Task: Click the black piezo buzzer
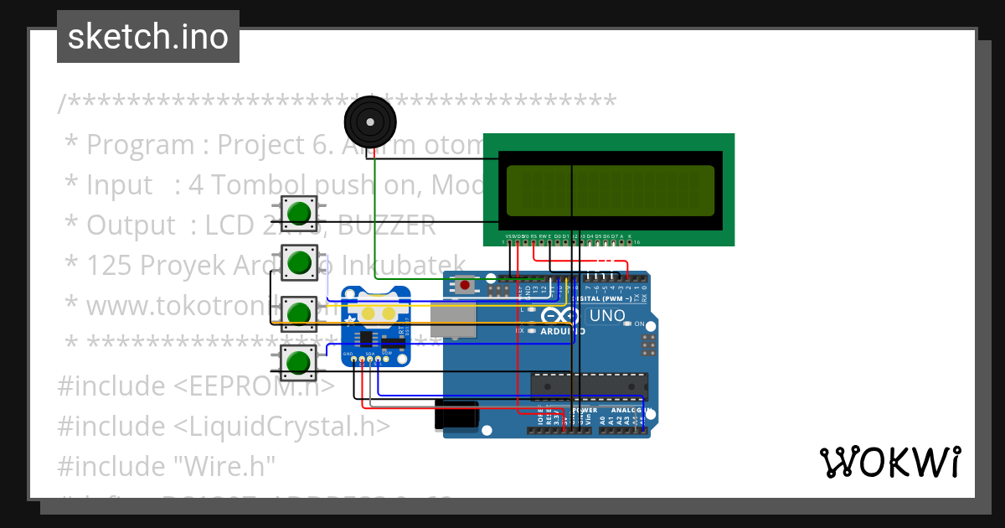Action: pos(369,122)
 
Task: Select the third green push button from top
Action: pos(298,313)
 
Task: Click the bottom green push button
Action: pos(298,363)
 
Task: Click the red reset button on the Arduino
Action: pos(465,286)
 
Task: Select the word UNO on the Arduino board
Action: pos(607,316)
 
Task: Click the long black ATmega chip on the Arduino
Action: pos(589,385)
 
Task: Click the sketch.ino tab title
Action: pos(148,37)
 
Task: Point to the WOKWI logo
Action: pos(889,462)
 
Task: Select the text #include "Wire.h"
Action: pos(166,465)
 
